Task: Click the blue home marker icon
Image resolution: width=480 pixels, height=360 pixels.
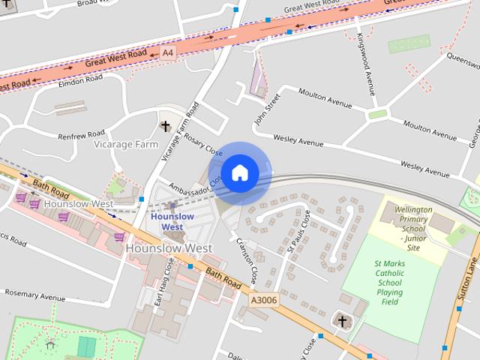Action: tap(239, 173)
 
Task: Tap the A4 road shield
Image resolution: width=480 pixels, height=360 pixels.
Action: tap(167, 52)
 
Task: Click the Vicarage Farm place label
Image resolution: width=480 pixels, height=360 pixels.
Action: tap(126, 144)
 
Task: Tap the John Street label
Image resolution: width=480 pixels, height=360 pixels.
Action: tap(266, 108)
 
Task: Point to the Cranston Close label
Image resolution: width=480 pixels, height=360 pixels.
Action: tap(247, 259)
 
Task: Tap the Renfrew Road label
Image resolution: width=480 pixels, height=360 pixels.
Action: tap(82, 135)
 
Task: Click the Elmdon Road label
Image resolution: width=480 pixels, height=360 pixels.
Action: tap(79, 82)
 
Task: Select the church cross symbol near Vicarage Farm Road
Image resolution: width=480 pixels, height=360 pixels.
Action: tap(165, 126)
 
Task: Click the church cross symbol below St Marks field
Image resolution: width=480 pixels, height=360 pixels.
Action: tap(342, 321)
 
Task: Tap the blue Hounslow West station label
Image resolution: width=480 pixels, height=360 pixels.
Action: tap(172, 221)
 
